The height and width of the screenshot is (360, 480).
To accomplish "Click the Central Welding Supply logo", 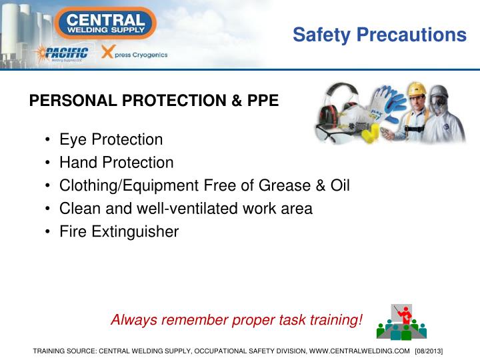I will point(106,23).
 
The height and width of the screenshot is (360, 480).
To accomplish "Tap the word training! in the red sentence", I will point(334,320).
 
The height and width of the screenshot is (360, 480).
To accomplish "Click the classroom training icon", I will point(401,322).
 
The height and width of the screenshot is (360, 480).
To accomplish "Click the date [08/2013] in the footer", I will point(429,351).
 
